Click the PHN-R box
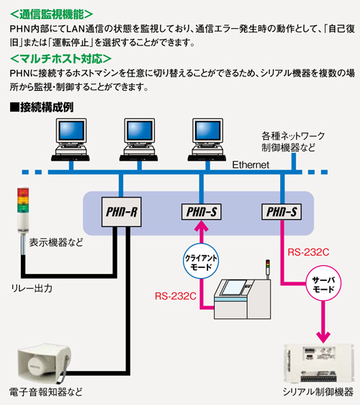coord(121,212)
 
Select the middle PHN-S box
coord(202,212)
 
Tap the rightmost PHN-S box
coord(282,212)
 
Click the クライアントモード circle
coord(201,261)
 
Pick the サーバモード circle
coord(323,283)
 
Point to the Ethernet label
coord(251,165)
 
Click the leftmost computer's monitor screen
coord(71,130)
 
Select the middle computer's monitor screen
coord(140,130)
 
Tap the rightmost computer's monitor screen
coord(208,130)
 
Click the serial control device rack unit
coord(319,364)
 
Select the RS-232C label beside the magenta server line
coord(308,252)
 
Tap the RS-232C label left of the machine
coord(176,296)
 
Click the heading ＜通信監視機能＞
coord(51,14)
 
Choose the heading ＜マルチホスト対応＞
coord(61,59)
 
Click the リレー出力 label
coord(32,288)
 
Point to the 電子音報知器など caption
coord(46,392)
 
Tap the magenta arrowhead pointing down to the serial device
coord(323,338)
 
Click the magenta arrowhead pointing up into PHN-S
coord(202,226)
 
